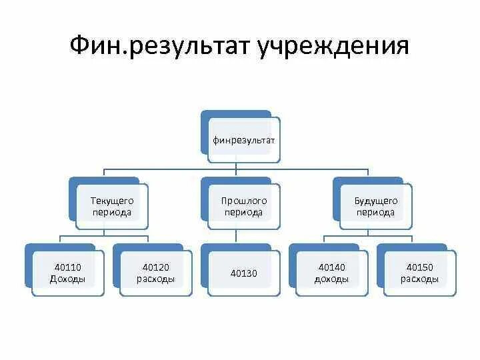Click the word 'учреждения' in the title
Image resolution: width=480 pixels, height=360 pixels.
[x=331, y=46]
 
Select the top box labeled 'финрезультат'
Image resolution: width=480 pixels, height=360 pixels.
[x=243, y=140]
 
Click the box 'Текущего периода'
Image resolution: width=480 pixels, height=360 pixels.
[x=112, y=206]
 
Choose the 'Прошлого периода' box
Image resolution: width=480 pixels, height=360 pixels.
[x=243, y=206]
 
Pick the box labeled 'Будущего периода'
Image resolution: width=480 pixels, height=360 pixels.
[x=375, y=206]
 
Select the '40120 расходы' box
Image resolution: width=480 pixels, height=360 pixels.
[x=155, y=273]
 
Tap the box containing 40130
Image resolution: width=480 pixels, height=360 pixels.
[x=243, y=273]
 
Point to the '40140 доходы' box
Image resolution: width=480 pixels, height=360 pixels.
[x=331, y=273]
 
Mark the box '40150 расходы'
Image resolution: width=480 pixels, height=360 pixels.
[x=419, y=273]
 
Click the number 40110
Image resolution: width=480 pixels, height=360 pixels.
[x=68, y=267]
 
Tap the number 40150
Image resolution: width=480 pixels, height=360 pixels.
[x=419, y=267]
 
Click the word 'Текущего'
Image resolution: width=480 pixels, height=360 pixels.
[x=112, y=200]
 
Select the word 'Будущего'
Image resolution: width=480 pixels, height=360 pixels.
[x=375, y=200]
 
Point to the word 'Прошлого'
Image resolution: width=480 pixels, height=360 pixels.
[x=243, y=200]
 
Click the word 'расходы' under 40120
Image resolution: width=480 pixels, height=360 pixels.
[x=155, y=279]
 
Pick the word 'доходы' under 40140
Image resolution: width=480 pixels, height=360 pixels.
[x=331, y=279]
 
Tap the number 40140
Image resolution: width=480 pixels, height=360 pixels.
[x=331, y=267]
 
